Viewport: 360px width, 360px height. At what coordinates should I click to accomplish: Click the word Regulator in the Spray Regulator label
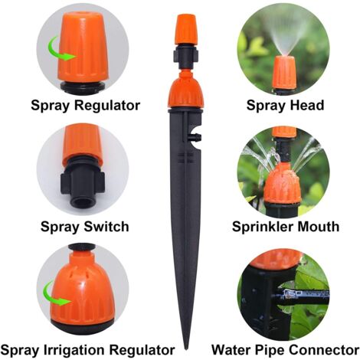(107, 105)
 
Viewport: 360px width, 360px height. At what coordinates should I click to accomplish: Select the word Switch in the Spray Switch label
(106, 227)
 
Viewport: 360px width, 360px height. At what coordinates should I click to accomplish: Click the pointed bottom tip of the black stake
(187, 349)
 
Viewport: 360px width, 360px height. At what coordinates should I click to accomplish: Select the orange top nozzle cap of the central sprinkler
(186, 30)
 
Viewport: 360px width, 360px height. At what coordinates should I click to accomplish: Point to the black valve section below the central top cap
(186, 57)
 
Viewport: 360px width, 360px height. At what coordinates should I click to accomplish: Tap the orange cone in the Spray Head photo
(286, 74)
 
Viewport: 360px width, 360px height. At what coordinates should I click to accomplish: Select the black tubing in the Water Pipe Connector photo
(304, 296)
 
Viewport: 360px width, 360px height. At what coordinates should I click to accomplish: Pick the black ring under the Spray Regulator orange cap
(83, 86)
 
